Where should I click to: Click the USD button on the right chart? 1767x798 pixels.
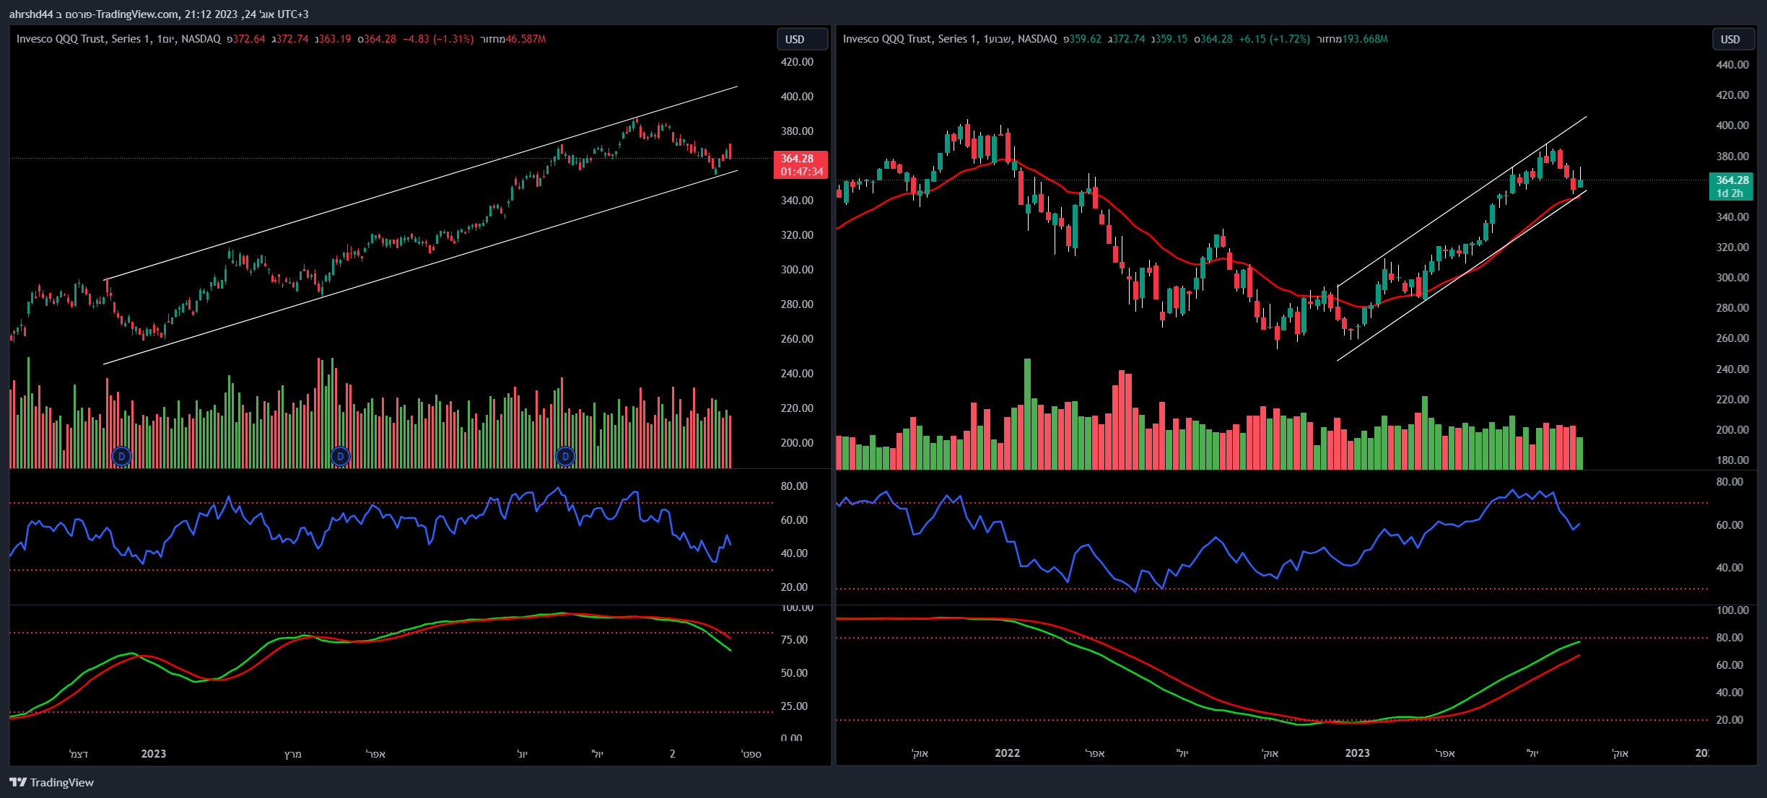1732,40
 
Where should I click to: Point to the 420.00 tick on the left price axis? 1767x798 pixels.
797,62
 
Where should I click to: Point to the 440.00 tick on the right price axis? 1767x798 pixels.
1732,65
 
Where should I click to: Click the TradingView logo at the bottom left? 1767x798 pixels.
52,782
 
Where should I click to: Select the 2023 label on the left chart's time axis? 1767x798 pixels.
153,754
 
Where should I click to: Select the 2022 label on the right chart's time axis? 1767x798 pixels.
1007,753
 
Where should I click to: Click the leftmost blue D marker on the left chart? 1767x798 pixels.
121,456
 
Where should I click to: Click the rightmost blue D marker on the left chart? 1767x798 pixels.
565,456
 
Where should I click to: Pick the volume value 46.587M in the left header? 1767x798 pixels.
525,39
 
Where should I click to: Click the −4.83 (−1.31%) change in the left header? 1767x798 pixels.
438,39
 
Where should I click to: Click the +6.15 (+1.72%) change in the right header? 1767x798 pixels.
1274,39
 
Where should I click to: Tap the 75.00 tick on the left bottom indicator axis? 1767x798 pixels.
794,640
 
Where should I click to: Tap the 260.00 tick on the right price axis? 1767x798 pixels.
1732,338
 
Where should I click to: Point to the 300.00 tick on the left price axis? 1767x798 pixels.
797,270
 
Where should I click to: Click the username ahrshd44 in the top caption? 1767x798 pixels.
31,14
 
